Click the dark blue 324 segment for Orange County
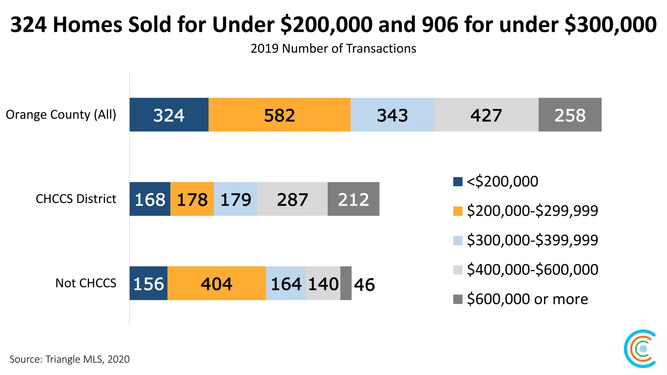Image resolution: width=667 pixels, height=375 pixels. [x=169, y=115]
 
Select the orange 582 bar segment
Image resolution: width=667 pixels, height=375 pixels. [x=279, y=115]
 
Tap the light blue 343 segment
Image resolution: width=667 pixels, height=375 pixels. [x=392, y=115]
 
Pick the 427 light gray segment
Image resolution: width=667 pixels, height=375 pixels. [x=486, y=115]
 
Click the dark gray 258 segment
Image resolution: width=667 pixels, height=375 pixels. [x=570, y=115]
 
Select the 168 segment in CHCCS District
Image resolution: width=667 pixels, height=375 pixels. [x=150, y=199]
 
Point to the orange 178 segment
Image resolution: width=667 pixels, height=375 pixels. [x=192, y=199]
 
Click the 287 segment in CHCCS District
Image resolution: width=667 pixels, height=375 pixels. [x=292, y=199]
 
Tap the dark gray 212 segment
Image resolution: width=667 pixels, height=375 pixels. [x=353, y=199]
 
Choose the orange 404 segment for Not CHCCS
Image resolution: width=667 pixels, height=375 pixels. [x=217, y=283]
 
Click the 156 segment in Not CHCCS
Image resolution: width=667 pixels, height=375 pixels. [x=149, y=283]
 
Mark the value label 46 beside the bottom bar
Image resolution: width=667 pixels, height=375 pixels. [x=364, y=285]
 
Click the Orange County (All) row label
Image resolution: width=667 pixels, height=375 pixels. [x=61, y=115]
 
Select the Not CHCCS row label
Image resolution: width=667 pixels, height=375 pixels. [x=86, y=283]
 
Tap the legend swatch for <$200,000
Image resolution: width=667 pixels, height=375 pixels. [x=458, y=182]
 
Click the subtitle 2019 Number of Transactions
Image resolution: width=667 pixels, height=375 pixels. [x=333, y=49]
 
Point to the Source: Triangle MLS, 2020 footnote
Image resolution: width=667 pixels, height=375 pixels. [x=69, y=359]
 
